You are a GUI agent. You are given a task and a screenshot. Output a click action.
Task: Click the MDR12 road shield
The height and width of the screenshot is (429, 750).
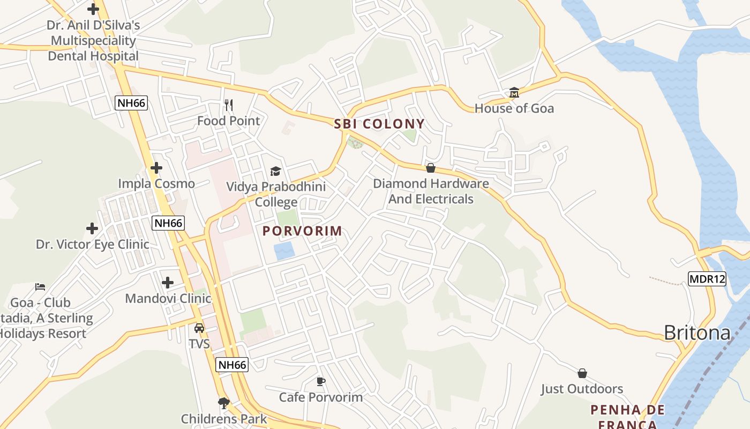tap(707, 279)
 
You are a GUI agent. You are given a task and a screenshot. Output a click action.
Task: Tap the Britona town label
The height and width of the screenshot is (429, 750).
tap(697, 333)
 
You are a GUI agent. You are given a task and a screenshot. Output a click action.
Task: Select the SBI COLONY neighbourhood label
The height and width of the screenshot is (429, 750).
tap(379, 124)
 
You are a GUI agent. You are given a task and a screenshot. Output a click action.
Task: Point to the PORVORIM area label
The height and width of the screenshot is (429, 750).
tap(302, 231)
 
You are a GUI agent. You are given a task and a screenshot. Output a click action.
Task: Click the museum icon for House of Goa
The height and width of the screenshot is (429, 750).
tap(514, 92)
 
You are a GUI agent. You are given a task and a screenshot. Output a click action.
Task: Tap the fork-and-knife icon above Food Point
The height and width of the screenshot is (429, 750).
tap(229, 105)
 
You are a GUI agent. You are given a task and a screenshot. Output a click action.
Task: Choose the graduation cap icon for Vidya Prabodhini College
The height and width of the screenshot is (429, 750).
tap(275, 171)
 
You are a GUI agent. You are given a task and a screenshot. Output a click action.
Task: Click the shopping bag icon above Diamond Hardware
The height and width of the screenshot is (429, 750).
tap(430, 168)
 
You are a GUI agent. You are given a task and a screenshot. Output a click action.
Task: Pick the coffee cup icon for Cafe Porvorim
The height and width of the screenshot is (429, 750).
tap(320, 381)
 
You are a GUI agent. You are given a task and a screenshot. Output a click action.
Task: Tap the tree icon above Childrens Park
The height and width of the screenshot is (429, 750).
tap(224, 403)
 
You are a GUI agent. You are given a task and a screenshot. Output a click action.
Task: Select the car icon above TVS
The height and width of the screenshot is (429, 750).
tap(199, 328)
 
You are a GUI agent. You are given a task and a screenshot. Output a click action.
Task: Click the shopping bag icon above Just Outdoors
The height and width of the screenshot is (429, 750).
tap(582, 373)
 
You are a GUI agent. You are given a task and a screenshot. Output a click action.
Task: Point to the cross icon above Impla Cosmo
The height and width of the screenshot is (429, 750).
tap(156, 168)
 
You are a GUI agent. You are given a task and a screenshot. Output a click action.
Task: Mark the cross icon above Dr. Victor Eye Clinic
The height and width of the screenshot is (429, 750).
tap(92, 228)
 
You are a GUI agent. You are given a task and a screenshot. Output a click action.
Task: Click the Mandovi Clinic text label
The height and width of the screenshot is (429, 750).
tap(168, 298)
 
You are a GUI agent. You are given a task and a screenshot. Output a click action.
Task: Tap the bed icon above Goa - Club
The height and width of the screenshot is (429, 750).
tap(40, 286)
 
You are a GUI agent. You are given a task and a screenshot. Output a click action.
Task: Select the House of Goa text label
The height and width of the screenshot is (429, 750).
tap(514, 108)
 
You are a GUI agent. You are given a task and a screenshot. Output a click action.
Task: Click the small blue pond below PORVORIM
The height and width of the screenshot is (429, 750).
tap(284, 251)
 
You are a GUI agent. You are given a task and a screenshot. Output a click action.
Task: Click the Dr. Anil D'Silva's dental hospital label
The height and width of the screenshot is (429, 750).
tap(93, 40)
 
